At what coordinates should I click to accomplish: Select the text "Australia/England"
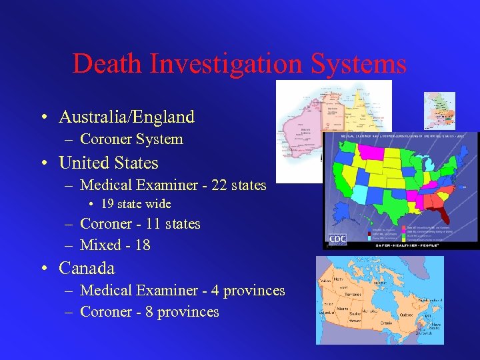click(127, 117)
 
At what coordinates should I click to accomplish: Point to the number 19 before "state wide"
click(109, 204)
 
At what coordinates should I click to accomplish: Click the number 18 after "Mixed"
click(142, 245)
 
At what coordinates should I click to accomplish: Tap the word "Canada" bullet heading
click(87, 268)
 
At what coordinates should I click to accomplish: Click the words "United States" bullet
click(108, 163)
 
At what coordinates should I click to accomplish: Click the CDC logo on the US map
click(337, 239)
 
